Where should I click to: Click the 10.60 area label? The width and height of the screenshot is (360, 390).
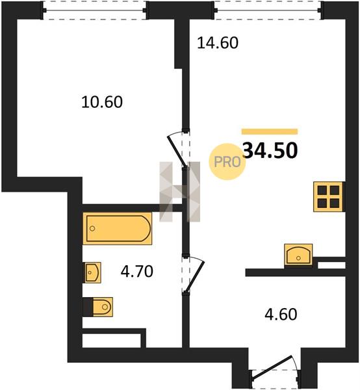coord(102,102)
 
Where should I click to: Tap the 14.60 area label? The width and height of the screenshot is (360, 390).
coord(218,42)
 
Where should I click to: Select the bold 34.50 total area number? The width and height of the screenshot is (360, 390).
coord(270,151)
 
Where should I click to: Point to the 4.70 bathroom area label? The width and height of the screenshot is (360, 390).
coord(136,271)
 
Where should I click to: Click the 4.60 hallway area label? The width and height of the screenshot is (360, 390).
coord(281,314)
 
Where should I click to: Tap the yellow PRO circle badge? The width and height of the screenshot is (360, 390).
coord(227,162)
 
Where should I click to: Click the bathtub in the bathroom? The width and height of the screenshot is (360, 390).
coord(117,228)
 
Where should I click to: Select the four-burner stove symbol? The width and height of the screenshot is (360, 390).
coord(328,197)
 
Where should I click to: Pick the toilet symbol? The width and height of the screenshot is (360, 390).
coord(103,307)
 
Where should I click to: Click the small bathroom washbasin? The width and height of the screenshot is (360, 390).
coord(92,272)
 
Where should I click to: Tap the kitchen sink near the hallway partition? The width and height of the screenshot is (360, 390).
coord(298,255)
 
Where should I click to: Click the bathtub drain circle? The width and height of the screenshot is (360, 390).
coord(92,228)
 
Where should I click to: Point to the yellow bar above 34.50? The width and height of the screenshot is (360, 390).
coord(270,131)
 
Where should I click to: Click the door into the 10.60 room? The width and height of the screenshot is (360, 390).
coord(177,150)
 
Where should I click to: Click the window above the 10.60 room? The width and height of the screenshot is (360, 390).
coord(95,10)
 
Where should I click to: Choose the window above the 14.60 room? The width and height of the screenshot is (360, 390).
coord(268,10)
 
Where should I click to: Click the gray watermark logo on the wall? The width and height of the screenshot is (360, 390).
coord(180,192)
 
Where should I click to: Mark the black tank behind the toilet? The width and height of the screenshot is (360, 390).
coord(88,307)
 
